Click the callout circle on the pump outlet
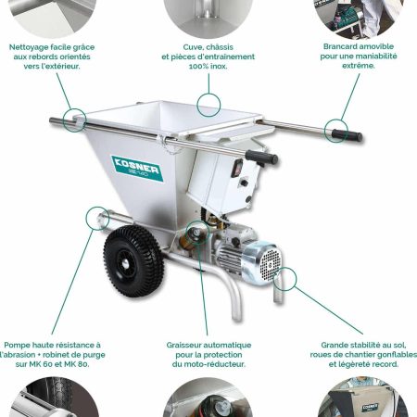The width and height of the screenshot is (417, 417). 95,220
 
